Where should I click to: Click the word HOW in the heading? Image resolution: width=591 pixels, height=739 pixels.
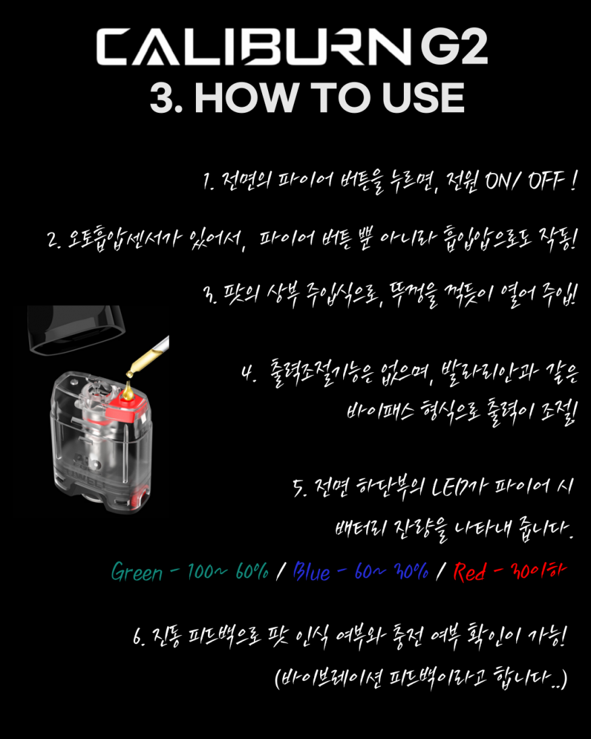tap(246, 98)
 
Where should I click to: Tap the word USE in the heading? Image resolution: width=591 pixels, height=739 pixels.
tap(423, 98)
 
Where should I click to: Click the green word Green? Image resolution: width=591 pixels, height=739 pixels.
tap(136, 571)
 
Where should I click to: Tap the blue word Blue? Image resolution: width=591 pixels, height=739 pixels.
tap(311, 571)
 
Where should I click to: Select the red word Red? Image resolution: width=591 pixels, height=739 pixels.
tap(469, 571)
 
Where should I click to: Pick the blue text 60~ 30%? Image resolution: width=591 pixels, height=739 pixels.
tap(391, 571)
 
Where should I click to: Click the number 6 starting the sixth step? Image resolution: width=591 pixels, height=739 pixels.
tap(138, 637)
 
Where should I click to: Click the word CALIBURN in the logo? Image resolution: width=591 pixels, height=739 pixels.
tap(253, 47)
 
